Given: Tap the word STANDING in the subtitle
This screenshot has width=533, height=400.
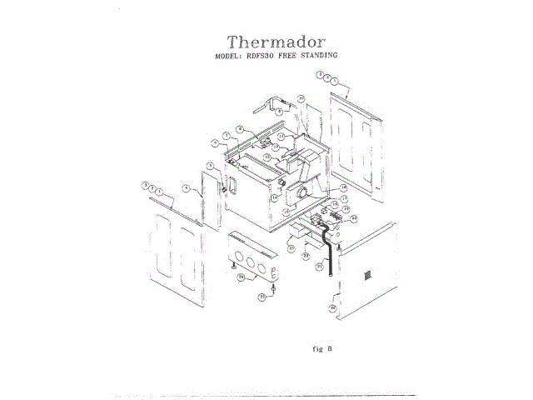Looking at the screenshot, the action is click(x=321, y=55).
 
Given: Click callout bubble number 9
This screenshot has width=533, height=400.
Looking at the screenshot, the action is click(x=280, y=111).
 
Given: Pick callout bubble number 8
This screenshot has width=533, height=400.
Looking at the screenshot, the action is click(x=240, y=129).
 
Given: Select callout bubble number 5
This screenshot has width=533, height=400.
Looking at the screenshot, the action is click(x=212, y=166).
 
